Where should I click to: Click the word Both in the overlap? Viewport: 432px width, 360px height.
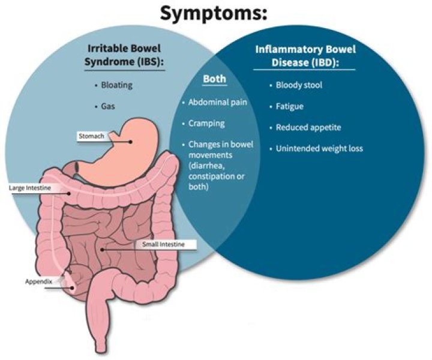tap(214, 79)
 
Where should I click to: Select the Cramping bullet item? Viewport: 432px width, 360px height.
tap(206, 123)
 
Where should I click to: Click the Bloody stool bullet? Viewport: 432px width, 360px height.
tap(299, 85)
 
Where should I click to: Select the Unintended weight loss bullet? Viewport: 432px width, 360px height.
tap(319, 148)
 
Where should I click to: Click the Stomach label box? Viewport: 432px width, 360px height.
tap(91, 136)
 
